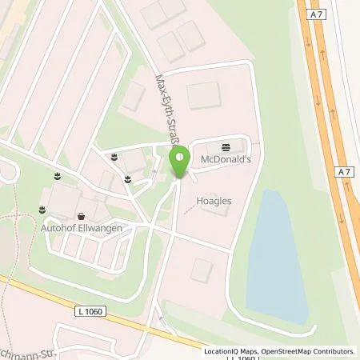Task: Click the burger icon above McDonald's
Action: click(224, 146)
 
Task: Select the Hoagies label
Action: click(215, 202)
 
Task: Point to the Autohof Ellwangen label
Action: click(82, 227)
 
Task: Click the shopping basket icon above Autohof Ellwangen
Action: click(82, 215)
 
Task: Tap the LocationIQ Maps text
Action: click(229, 350)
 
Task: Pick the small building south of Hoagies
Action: click(203, 270)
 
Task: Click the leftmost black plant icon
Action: click(40, 210)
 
